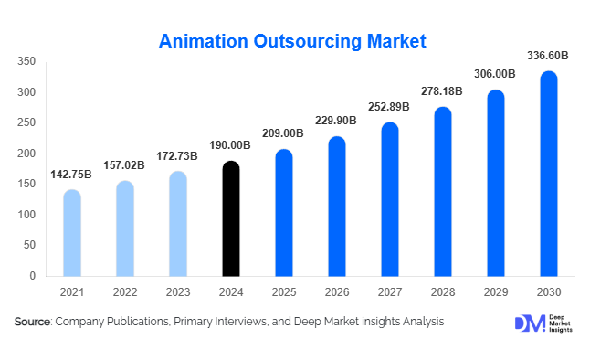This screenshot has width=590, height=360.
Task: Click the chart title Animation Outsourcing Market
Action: point(292,41)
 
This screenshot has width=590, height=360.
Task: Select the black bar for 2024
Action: point(231,219)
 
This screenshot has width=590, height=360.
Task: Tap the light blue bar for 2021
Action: point(72,233)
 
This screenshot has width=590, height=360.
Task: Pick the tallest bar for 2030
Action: point(549,174)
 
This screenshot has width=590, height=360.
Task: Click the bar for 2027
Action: point(390,199)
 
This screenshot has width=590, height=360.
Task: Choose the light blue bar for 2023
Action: point(178,224)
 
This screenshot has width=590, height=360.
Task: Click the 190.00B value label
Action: point(231,145)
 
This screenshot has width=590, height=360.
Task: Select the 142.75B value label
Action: point(72,175)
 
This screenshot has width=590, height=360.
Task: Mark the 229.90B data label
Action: point(337,122)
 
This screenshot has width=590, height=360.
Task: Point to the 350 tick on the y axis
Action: point(26,62)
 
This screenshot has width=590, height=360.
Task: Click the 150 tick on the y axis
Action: point(26,185)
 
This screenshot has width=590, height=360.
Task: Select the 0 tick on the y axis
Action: point(32,276)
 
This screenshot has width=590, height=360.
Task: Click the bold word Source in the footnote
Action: point(33,322)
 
